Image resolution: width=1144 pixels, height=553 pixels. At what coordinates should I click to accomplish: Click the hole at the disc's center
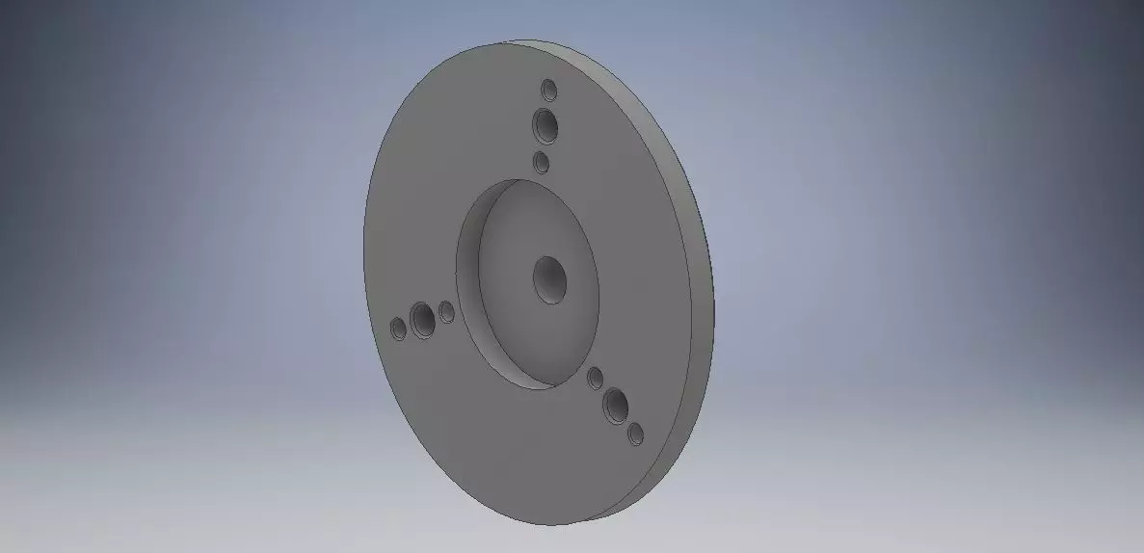click(549, 279)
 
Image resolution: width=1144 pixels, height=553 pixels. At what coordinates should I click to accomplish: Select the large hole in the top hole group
click(545, 125)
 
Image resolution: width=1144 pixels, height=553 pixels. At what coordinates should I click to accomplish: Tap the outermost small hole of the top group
click(549, 91)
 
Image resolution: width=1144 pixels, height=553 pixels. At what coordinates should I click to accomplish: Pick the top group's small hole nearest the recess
click(542, 162)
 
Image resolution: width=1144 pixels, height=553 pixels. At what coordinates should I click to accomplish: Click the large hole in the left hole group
click(422, 320)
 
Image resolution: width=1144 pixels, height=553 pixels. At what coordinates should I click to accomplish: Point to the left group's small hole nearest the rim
click(399, 329)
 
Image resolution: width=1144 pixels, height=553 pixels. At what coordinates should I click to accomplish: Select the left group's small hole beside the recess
click(446, 311)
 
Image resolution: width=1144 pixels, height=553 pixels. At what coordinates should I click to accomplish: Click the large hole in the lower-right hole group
click(616, 408)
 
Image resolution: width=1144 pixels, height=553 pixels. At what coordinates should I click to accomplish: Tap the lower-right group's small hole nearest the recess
click(596, 378)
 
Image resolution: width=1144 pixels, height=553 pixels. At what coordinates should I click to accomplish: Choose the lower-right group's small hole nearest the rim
click(634, 434)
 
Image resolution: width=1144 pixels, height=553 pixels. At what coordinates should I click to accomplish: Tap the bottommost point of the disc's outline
click(553, 526)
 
